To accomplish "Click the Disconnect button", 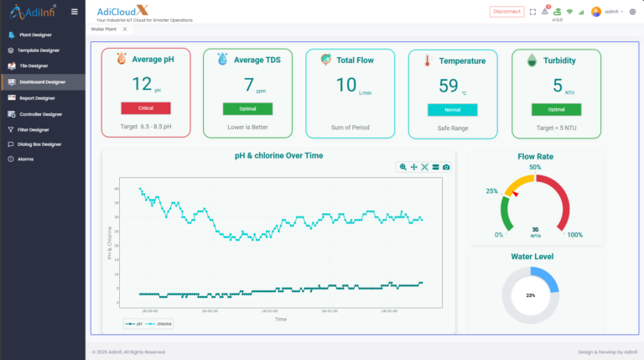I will [x=506, y=12].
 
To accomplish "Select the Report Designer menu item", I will [x=37, y=98].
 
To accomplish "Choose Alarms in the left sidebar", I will [x=26, y=159].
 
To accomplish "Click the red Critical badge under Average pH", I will [x=146, y=108].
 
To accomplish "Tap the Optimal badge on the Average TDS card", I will [x=247, y=109].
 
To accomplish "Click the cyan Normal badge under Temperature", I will [x=452, y=109].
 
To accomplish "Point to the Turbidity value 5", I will [x=557, y=85].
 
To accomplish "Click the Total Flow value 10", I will [x=346, y=85].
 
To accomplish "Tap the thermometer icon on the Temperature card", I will [x=427, y=61].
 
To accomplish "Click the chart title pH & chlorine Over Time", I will [x=278, y=155].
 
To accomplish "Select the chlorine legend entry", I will [x=162, y=323].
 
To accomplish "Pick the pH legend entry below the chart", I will [x=135, y=323].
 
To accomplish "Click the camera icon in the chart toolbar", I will [x=446, y=167].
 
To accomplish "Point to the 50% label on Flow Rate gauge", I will [x=535, y=167].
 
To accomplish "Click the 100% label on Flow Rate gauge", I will [x=575, y=235].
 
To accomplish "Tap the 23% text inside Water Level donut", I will [x=530, y=295].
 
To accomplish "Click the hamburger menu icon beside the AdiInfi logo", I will [x=75, y=12].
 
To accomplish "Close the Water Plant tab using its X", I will [x=125, y=29].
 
